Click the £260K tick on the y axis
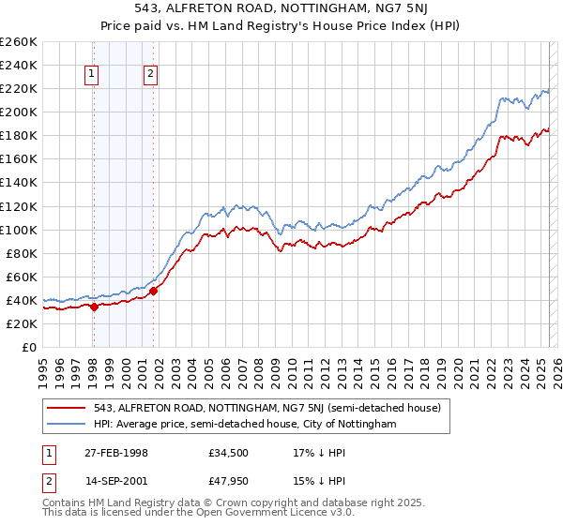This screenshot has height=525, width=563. (19, 42)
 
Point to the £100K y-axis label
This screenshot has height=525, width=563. (19, 230)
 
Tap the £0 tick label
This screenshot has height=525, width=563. (28, 347)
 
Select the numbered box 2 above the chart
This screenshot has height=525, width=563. (150, 77)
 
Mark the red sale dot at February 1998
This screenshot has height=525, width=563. (95, 307)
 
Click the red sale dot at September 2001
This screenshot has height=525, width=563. (154, 291)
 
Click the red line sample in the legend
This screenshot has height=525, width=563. (67, 408)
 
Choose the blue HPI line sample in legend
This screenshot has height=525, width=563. (67, 424)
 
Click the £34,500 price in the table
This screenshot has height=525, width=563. (229, 453)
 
